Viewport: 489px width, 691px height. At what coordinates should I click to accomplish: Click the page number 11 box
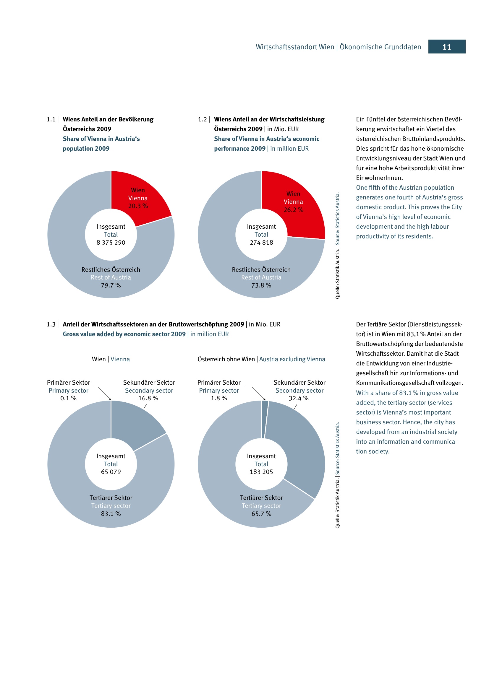pyautogui.click(x=446, y=47)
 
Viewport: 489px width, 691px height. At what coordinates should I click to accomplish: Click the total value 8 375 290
pyautogui.click(x=111, y=243)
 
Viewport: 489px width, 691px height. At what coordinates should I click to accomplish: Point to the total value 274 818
pyautogui.click(x=261, y=243)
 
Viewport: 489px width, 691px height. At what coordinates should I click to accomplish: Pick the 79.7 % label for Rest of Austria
pyautogui.click(x=111, y=285)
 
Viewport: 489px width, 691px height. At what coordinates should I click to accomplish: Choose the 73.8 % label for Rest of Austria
pyautogui.click(x=261, y=285)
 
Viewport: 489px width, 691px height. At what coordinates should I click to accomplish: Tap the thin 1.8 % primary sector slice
pyautogui.click(x=265, y=415)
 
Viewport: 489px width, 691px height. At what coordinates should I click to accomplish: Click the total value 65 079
pyautogui.click(x=111, y=472)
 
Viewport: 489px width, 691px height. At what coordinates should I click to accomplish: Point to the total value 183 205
pyautogui.click(x=261, y=472)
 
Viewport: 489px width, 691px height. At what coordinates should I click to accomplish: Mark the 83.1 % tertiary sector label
pyautogui.click(x=111, y=514)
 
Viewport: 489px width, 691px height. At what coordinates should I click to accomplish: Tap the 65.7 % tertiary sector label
pyautogui.click(x=261, y=514)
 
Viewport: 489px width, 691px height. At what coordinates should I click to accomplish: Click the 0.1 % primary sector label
pyautogui.click(x=68, y=398)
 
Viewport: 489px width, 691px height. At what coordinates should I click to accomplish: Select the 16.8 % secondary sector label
pyautogui.click(x=148, y=398)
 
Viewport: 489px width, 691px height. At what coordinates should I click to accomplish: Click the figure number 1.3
pyautogui.click(x=51, y=324)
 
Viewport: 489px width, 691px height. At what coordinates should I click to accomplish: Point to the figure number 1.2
pyautogui.click(x=202, y=119)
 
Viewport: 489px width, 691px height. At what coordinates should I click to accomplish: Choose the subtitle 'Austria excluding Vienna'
pyautogui.click(x=292, y=359)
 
